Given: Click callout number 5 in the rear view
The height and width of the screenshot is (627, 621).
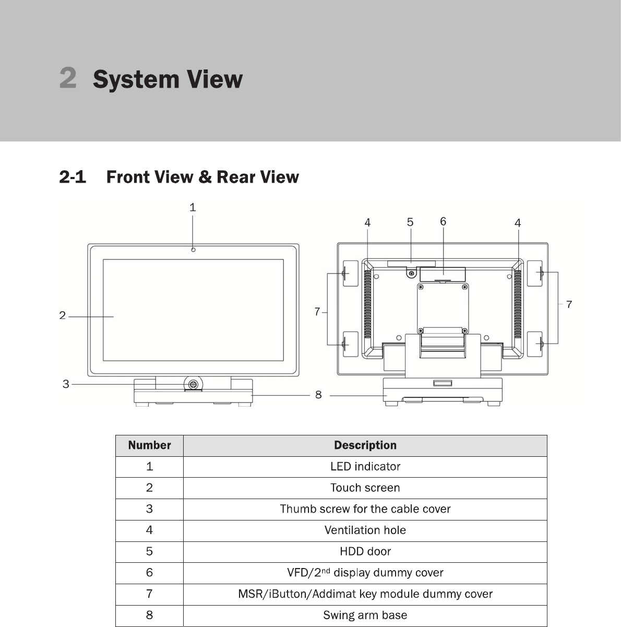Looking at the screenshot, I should pyautogui.click(x=410, y=222).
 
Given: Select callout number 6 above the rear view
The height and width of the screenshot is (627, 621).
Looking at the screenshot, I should pyautogui.click(x=443, y=221).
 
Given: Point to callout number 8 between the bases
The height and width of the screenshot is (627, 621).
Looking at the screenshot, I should pyautogui.click(x=318, y=395).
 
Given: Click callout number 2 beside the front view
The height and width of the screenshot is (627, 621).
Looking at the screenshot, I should pyautogui.click(x=63, y=316).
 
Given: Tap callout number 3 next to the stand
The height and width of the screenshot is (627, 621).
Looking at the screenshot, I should pyautogui.click(x=66, y=384).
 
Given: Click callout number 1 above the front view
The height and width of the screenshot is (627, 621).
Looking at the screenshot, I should pyautogui.click(x=193, y=207).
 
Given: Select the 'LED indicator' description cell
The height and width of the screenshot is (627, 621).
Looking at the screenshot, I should pyautogui.click(x=365, y=467).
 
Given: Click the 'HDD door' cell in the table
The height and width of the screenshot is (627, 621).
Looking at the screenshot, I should pyautogui.click(x=365, y=551).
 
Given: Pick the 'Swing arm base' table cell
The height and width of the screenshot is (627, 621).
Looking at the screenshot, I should pyautogui.click(x=365, y=615).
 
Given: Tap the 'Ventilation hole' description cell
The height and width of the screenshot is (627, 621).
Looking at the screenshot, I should pyautogui.click(x=365, y=530).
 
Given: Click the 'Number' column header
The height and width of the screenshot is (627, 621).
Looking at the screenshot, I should pyautogui.click(x=149, y=445).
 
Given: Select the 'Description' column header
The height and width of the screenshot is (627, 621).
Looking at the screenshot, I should pyautogui.click(x=365, y=445).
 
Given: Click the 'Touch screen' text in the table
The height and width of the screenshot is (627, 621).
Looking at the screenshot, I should pyautogui.click(x=365, y=488).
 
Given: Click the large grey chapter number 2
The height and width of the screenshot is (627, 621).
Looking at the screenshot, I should pyautogui.click(x=68, y=77).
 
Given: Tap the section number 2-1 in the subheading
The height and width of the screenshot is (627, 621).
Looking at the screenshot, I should pyautogui.click(x=73, y=178).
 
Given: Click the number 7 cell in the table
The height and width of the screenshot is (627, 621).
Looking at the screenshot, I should pyautogui.click(x=149, y=594).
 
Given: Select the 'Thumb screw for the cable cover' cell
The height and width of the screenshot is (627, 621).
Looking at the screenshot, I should pyautogui.click(x=365, y=509).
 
